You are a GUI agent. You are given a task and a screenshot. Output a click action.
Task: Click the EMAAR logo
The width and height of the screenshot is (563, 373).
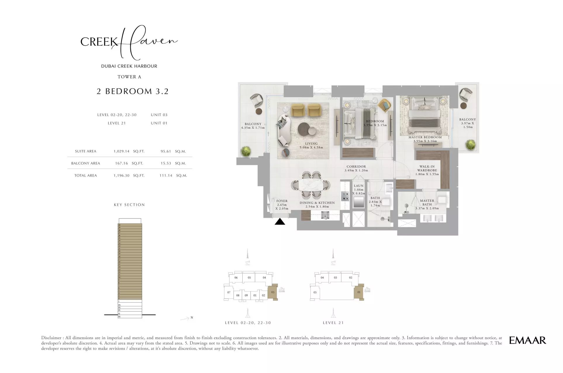(527, 340)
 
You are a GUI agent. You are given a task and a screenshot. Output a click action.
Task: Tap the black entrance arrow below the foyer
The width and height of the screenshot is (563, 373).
(280, 222)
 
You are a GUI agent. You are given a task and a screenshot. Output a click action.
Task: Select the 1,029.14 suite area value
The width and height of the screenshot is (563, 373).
(121, 151)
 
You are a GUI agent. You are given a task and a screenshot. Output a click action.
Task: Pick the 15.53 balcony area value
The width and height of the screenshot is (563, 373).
(166, 163)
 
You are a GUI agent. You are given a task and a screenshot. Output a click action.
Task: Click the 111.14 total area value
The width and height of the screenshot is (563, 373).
(166, 176)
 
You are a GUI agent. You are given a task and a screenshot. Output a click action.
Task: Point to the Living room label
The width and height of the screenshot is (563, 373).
(311, 144)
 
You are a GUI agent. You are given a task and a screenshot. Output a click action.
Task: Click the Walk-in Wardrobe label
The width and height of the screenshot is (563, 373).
(427, 168)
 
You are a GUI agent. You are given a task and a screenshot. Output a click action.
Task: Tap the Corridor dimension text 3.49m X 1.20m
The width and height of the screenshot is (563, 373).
(356, 170)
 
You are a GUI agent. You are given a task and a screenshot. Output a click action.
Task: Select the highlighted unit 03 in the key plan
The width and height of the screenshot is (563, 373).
(272, 292)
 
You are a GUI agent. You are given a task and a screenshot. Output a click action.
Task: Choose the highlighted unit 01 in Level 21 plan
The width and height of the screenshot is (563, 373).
(359, 292)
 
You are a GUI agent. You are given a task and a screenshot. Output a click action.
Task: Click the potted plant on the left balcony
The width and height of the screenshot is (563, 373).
(246, 151)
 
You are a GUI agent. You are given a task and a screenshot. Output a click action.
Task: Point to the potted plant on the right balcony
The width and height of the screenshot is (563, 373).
(470, 145)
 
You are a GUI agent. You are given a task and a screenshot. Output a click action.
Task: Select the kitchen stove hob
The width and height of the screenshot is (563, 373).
(345, 196)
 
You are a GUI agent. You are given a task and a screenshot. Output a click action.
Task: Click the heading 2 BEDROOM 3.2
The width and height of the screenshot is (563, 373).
(132, 91)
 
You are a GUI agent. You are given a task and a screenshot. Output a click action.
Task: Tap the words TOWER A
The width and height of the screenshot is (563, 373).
(129, 77)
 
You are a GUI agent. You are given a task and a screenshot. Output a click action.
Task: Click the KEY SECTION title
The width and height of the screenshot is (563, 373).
(129, 205)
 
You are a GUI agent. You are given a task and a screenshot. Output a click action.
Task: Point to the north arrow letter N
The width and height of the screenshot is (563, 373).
(192, 317)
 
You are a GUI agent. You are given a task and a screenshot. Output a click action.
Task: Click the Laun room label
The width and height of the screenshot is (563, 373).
(358, 186)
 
